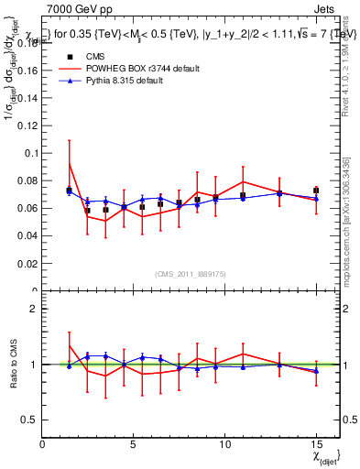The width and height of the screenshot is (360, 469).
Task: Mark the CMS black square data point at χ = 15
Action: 316,191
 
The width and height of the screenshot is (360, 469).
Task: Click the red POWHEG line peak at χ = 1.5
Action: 70,164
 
